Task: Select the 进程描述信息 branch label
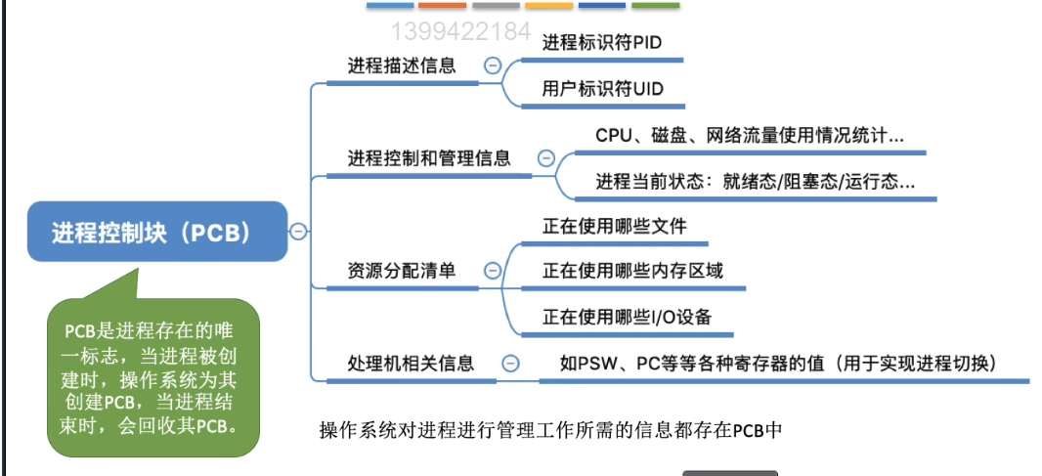(x=402, y=66)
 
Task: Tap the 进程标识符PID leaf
(x=602, y=43)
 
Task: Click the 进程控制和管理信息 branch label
(x=429, y=158)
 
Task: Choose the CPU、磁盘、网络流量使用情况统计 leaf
(x=749, y=135)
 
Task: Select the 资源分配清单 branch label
(x=402, y=271)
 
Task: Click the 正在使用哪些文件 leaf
(x=615, y=226)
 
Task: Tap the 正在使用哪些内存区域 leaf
(x=632, y=271)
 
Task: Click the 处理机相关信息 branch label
(x=411, y=364)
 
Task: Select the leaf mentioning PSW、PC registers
(x=777, y=364)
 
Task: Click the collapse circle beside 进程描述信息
(x=492, y=66)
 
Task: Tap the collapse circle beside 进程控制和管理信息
(x=545, y=158)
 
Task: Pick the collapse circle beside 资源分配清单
(x=493, y=271)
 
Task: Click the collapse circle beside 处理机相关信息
(x=510, y=364)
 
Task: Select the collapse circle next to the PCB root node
(x=298, y=232)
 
